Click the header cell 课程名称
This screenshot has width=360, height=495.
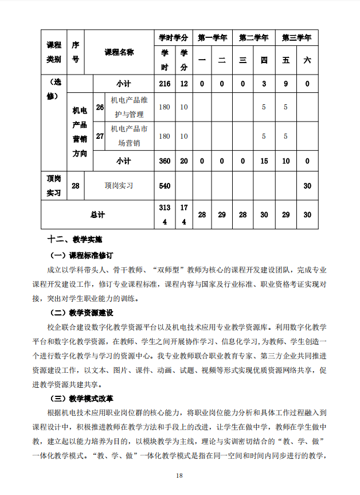point(119,52)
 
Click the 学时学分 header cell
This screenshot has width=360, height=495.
point(174,38)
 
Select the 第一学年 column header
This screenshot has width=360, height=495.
point(213,38)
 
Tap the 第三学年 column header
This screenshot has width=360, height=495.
point(296,38)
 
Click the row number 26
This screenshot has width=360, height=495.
point(100,107)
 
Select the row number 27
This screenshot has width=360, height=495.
point(100,136)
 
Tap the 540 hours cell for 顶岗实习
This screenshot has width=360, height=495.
point(165,185)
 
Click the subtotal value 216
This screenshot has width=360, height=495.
point(165,84)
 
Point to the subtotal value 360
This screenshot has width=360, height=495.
point(165,161)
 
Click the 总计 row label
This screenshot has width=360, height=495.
point(98,215)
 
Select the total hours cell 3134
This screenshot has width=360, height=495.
point(165,215)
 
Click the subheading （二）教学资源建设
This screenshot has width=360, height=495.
point(83,313)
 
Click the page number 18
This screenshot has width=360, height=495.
point(179,476)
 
